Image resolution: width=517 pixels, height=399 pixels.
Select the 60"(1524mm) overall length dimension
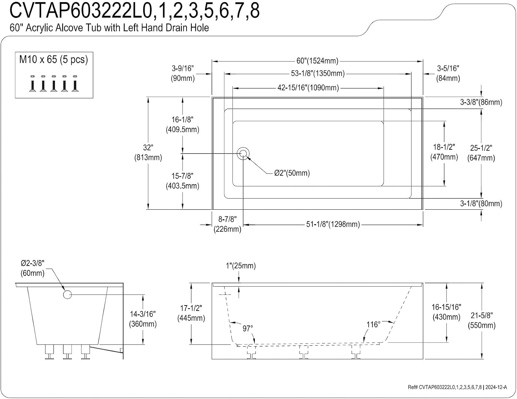pyautogui.click(x=317, y=61)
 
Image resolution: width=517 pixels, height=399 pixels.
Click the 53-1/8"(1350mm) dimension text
pyautogui.click(x=318, y=73)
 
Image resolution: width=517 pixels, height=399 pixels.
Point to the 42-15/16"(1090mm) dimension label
pyautogui.click(x=308, y=88)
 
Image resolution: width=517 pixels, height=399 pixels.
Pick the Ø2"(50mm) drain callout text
pyautogui.click(x=292, y=173)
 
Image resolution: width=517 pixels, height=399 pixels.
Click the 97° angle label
pyautogui.click(x=248, y=329)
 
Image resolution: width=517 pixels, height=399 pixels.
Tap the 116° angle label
pyautogui.click(x=373, y=324)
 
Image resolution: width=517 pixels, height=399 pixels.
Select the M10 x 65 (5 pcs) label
pyautogui.click(x=53, y=60)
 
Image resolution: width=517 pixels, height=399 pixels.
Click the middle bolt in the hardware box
pyautogui.click(x=54, y=83)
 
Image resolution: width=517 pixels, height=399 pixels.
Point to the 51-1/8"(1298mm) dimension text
pyautogui.click(x=333, y=224)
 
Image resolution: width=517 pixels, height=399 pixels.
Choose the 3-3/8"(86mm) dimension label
pyautogui.click(x=481, y=102)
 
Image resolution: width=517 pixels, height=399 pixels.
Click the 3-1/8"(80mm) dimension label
pyautogui.click(x=481, y=203)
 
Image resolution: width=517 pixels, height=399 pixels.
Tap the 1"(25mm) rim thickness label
pyautogui.click(x=241, y=266)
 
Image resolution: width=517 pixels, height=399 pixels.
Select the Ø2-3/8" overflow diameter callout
pyautogui.click(x=33, y=268)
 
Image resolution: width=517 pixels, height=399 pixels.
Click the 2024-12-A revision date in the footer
pyautogui.click(x=496, y=387)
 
